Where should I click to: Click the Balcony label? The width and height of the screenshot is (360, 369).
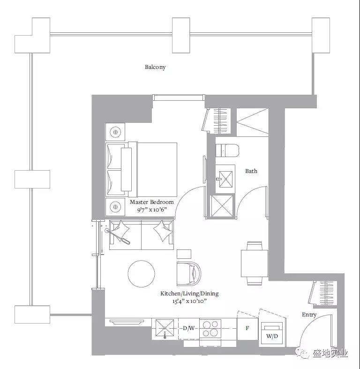(x=155, y=68)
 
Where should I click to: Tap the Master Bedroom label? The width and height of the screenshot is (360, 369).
(x=152, y=202)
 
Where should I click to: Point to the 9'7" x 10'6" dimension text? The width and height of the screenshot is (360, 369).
(x=152, y=210)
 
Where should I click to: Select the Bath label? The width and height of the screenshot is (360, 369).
(x=251, y=171)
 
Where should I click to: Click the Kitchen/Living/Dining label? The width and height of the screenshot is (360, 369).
(x=189, y=294)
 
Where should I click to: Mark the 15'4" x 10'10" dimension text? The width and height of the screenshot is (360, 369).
(x=189, y=301)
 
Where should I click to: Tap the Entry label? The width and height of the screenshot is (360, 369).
(x=309, y=315)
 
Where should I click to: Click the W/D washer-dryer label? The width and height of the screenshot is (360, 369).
(x=272, y=336)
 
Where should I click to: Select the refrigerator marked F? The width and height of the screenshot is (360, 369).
(x=247, y=329)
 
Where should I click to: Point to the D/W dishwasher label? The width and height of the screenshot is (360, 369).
(x=189, y=328)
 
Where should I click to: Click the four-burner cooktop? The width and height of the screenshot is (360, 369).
(x=210, y=329)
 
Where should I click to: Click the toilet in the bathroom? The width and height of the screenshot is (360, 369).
(x=227, y=150)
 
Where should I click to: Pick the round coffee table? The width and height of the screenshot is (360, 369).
(x=142, y=273)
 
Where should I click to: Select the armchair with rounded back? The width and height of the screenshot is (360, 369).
(x=189, y=273)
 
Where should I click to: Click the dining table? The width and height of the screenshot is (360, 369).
(x=255, y=264)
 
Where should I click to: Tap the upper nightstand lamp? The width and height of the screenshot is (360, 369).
(x=115, y=132)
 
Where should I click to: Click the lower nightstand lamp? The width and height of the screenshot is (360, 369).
(x=115, y=207)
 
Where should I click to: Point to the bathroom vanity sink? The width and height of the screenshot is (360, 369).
(x=225, y=179)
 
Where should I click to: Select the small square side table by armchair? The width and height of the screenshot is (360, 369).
(x=184, y=254)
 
